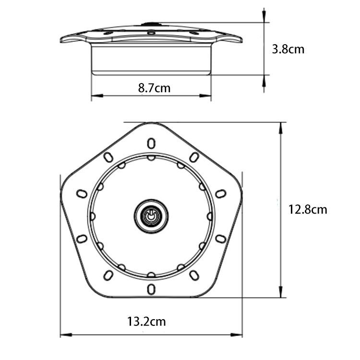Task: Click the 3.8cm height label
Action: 288,49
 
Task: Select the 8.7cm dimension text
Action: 154,88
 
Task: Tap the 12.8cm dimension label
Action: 308,209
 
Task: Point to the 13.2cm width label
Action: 146,321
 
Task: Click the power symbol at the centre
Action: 151,216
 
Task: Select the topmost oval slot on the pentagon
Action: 151,143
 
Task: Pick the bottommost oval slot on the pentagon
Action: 151,288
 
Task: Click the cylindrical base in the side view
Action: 151,60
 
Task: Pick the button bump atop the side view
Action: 151,23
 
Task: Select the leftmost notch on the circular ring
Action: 93,216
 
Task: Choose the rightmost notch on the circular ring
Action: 210,216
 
